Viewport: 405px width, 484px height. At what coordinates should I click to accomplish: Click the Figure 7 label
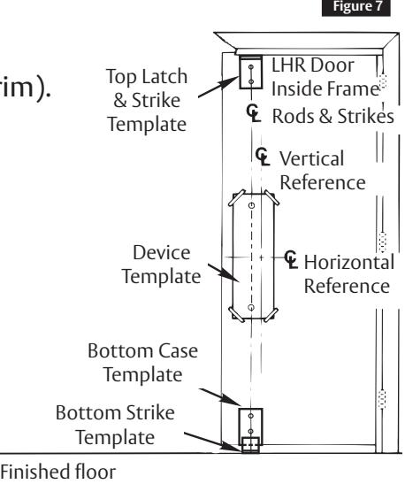tap(356, 7)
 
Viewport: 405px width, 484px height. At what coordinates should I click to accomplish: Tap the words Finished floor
tap(58, 472)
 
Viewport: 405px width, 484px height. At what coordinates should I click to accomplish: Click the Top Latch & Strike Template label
tap(147, 100)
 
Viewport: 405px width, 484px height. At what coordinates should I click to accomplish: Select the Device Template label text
tap(161, 265)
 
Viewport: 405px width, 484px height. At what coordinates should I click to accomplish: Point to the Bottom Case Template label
tap(143, 363)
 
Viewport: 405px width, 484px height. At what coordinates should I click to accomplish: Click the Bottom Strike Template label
tap(115, 425)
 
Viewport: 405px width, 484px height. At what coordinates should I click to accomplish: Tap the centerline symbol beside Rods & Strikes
tap(254, 113)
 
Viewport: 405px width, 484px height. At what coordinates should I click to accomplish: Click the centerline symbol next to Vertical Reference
tap(263, 157)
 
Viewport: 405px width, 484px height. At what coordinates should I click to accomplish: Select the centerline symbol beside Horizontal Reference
tap(291, 259)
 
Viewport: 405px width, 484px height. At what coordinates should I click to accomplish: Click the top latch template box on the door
tap(251, 73)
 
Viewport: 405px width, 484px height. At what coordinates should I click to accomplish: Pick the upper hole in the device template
tap(252, 205)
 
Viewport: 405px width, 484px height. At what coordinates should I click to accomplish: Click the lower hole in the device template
tap(251, 307)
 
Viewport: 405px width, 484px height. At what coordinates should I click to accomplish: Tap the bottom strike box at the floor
tap(250, 445)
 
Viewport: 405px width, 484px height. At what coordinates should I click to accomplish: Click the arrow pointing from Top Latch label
tap(218, 87)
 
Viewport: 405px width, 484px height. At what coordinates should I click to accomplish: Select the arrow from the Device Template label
tap(223, 273)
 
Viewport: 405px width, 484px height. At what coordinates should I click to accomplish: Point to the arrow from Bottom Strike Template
tap(213, 442)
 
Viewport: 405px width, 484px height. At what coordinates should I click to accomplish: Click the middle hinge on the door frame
tap(383, 242)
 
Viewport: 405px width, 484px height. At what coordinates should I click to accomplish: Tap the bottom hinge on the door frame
tap(382, 399)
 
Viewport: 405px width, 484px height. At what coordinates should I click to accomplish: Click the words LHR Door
tap(313, 65)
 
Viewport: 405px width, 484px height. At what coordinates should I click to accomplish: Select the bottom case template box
tap(251, 424)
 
